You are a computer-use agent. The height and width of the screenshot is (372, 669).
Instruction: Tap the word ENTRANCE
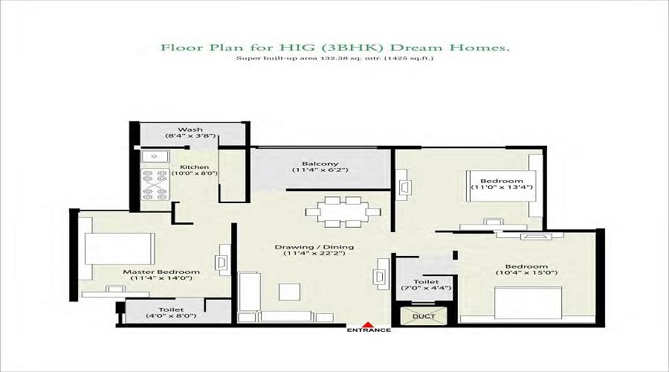(x=369, y=330)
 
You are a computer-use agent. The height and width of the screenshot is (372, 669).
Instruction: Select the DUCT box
(x=424, y=316)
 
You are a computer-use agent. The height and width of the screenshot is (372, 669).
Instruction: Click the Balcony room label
(x=320, y=164)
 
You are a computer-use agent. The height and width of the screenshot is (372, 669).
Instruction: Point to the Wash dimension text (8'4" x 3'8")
(x=190, y=136)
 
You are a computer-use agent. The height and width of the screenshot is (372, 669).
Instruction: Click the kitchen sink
(x=155, y=156)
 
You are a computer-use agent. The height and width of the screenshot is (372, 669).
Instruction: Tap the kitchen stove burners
(x=155, y=184)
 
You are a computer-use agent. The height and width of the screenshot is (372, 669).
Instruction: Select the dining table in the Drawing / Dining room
(x=343, y=211)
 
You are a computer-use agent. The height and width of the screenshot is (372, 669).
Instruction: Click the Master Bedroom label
(x=161, y=272)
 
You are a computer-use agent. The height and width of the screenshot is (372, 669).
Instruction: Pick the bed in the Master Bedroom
(x=120, y=248)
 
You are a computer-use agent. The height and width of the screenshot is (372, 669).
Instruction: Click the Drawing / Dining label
(x=314, y=247)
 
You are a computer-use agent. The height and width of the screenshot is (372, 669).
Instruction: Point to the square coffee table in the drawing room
(x=290, y=292)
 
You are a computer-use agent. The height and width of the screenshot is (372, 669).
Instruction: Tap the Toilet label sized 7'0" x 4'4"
(x=426, y=284)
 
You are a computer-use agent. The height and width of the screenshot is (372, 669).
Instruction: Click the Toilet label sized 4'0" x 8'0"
(x=171, y=312)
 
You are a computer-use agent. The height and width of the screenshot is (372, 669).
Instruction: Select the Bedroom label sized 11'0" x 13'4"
(x=501, y=184)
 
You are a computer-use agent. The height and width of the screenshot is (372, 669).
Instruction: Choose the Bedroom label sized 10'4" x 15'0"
(x=526, y=269)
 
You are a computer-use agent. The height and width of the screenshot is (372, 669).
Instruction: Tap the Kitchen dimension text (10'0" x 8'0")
(x=195, y=173)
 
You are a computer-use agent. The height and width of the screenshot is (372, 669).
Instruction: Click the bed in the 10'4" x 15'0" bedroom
(x=529, y=303)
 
